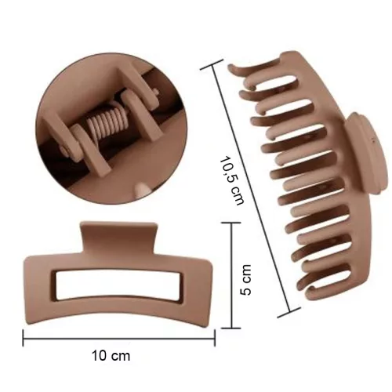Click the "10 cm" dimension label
pos(111,356)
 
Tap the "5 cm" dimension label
pos(245,280)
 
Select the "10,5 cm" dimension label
pos(232,180)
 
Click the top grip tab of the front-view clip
pos(119,238)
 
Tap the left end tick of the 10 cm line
pos(24,338)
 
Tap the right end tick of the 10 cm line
pos(215,338)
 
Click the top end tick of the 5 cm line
pos(231,223)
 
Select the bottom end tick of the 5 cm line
pos(231,328)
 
